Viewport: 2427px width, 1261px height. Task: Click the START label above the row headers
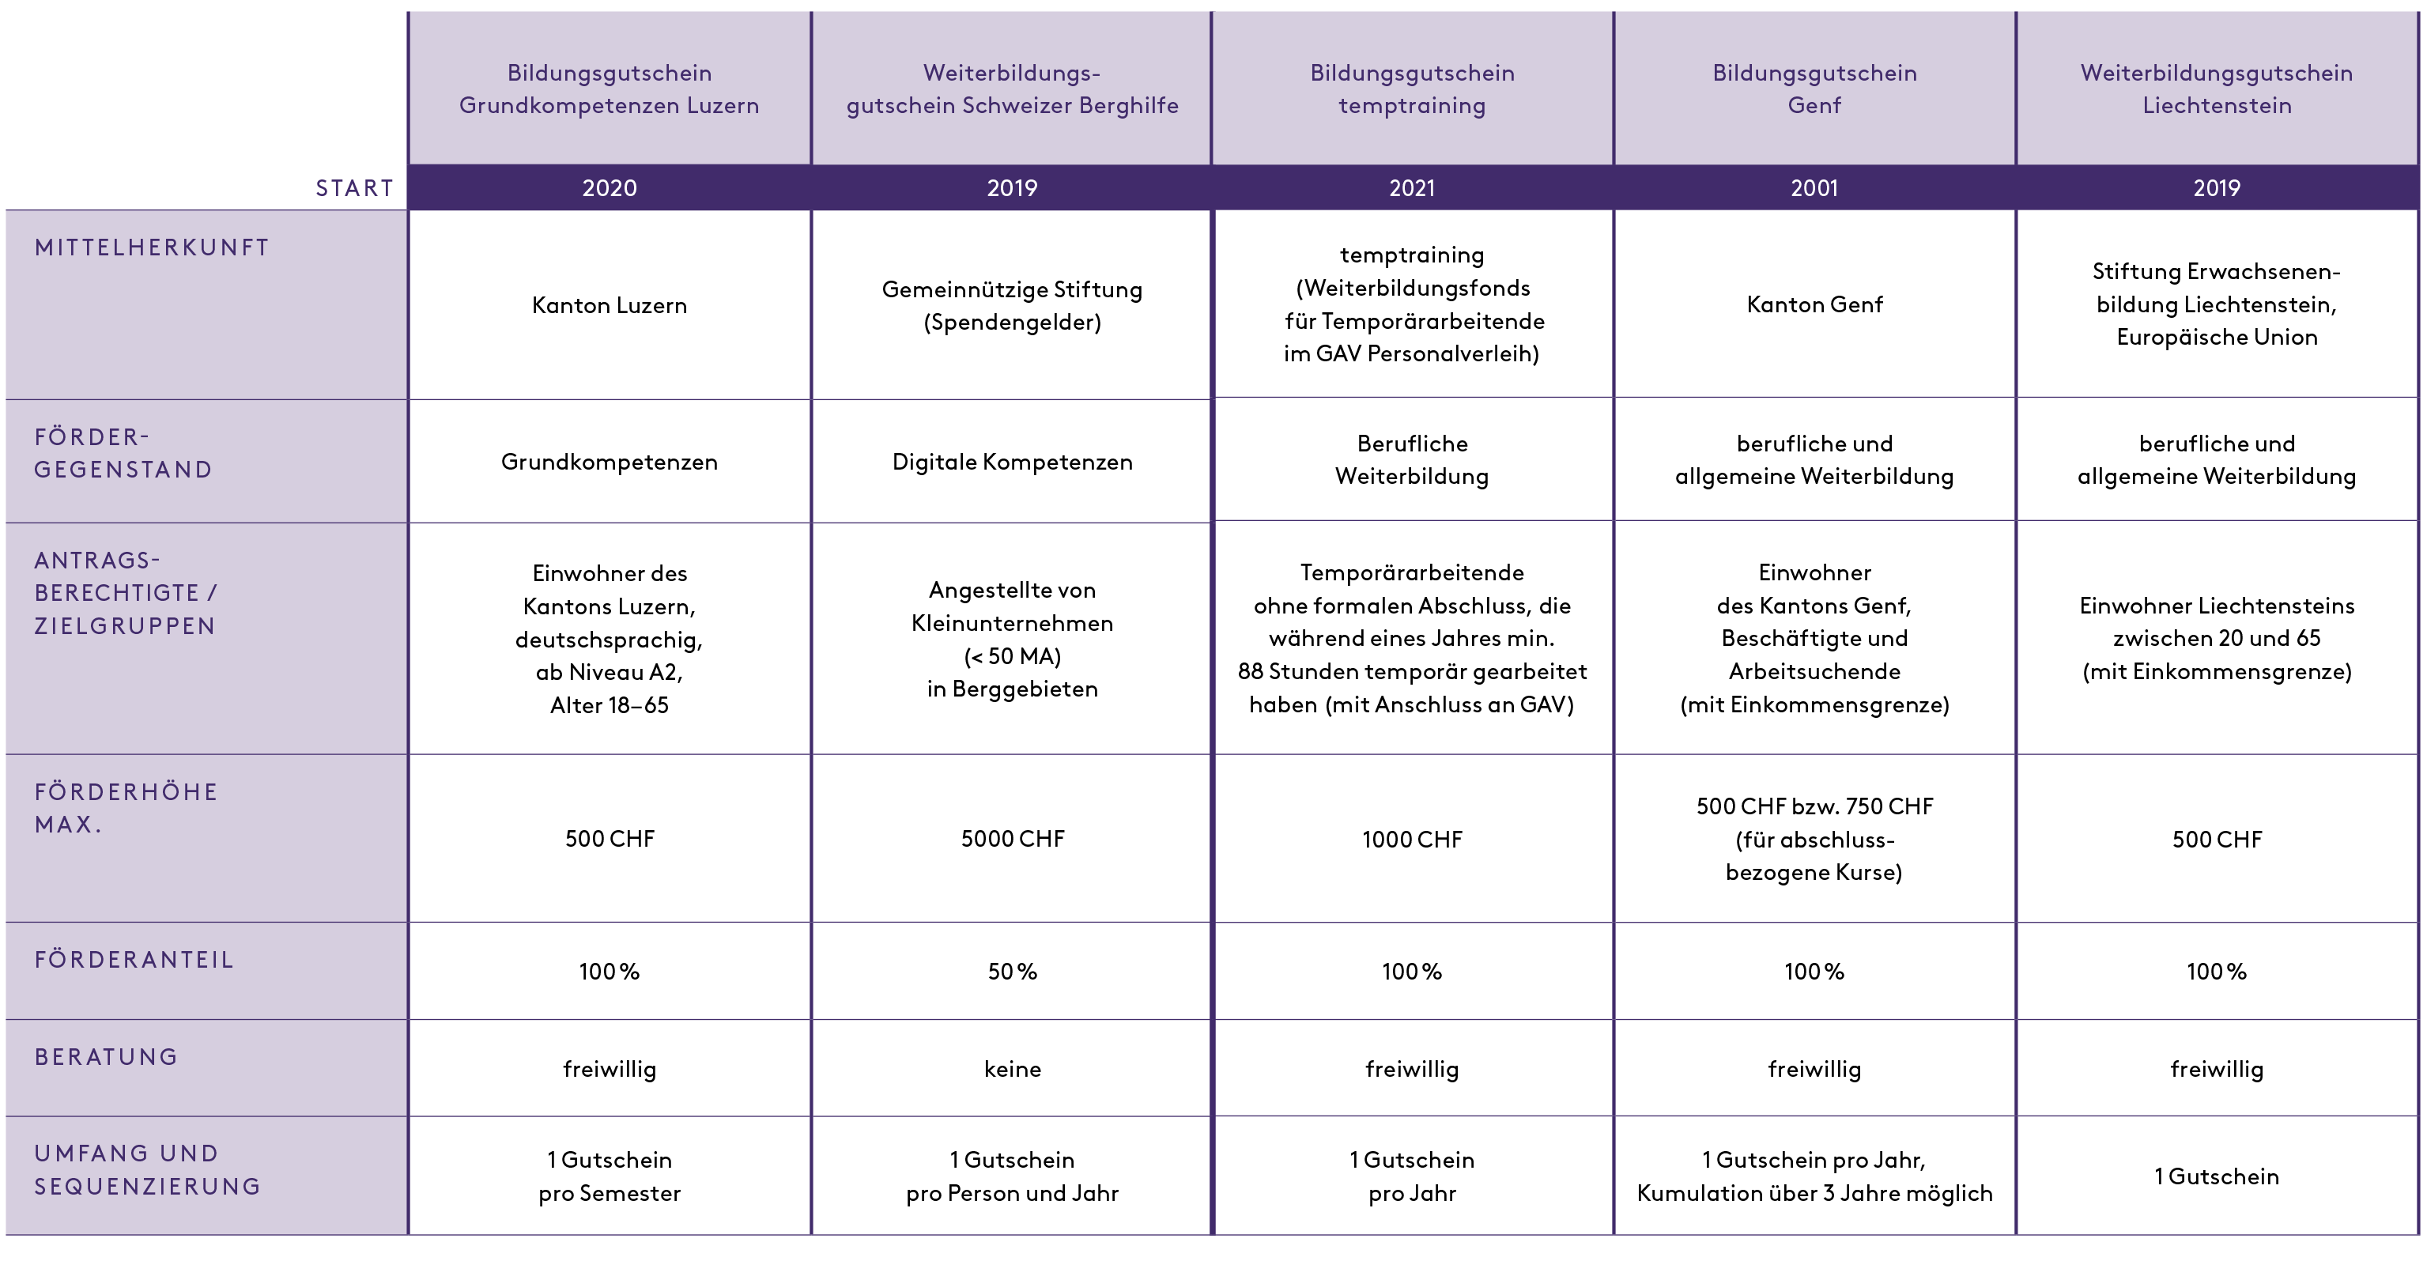(x=354, y=188)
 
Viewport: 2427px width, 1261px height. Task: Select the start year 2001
(x=1814, y=188)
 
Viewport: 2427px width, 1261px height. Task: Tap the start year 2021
(x=1411, y=188)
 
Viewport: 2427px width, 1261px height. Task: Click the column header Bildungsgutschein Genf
(x=1814, y=89)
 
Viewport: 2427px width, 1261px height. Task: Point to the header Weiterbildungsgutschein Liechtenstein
(x=2216, y=89)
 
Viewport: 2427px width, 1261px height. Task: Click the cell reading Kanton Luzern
(x=609, y=305)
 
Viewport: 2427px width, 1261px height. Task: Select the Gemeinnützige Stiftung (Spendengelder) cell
(x=1012, y=305)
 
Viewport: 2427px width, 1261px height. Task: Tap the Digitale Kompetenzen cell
(x=1012, y=462)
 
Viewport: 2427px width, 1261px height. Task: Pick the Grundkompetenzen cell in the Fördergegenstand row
(x=609, y=462)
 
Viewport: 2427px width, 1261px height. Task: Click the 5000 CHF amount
(x=1012, y=839)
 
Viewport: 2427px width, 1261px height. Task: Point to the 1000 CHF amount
(x=1411, y=840)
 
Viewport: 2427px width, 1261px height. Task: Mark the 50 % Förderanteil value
(x=1012, y=972)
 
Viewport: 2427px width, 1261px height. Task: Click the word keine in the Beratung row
(x=1012, y=1069)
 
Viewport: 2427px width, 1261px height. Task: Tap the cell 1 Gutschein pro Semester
(x=609, y=1176)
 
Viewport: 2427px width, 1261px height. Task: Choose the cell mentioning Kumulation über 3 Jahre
(x=1814, y=1176)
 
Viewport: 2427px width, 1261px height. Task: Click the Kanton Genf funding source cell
(x=1814, y=304)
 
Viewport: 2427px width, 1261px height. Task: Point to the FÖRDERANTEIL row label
(x=134, y=960)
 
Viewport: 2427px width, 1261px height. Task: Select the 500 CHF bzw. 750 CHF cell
(x=1814, y=839)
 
